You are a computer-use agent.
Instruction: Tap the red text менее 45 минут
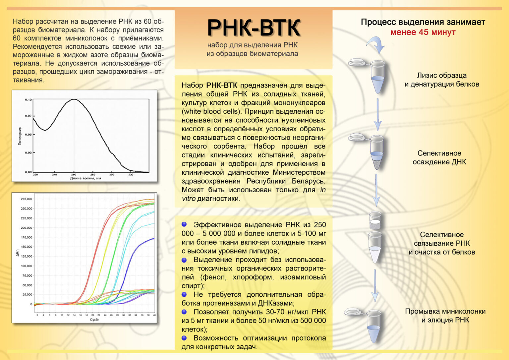coord(423,32)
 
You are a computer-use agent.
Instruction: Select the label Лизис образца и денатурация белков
coord(442,80)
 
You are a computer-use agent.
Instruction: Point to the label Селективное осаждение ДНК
coord(439,157)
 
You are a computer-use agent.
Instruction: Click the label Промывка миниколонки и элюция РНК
coord(445,316)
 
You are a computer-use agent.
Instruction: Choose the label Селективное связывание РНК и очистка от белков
coord(442,243)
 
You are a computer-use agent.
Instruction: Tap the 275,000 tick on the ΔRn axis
coord(27,199)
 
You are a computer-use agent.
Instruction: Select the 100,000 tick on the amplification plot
coord(27,266)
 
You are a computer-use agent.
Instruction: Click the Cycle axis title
coord(94,320)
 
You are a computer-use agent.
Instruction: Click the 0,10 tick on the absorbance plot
coord(28,100)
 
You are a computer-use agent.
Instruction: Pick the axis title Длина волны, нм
coord(85,178)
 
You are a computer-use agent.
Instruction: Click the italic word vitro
coord(189,199)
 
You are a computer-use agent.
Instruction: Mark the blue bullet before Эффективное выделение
coord(184,224)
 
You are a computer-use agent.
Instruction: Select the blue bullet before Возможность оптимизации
coord(184,338)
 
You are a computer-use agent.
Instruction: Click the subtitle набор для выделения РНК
coord(253,45)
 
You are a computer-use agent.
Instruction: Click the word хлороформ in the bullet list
coord(253,277)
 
